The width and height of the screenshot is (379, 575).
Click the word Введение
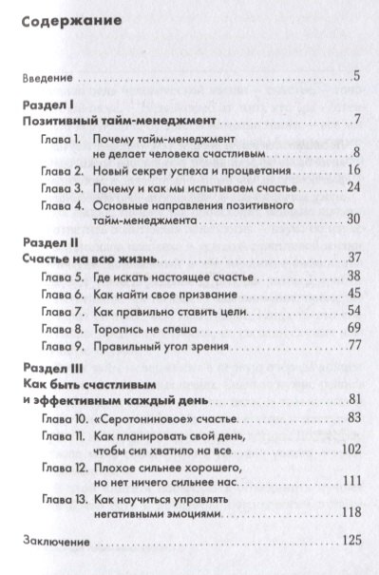pyautogui.click(x=49, y=76)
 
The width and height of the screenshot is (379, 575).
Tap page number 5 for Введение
pyautogui.click(x=353, y=76)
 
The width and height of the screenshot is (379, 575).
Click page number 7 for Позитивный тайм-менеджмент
pyautogui.click(x=353, y=122)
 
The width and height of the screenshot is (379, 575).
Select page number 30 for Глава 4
pyautogui.click(x=349, y=220)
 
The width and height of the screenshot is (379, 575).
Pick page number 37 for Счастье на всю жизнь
pyautogui.click(x=350, y=259)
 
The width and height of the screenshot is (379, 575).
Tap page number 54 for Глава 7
pyautogui.click(x=349, y=309)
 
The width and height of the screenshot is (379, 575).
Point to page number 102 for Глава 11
pyautogui.click(x=346, y=447)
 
